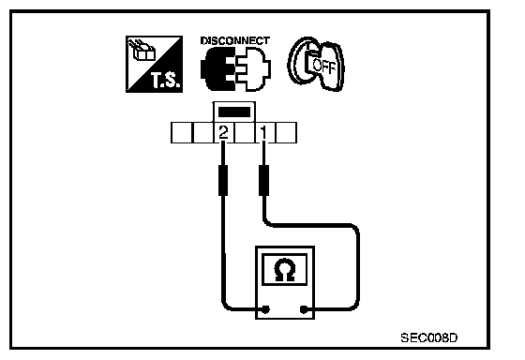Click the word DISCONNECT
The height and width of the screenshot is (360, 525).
click(235, 40)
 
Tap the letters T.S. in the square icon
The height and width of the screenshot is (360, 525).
click(166, 81)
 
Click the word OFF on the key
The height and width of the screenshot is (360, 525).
click(323, 66)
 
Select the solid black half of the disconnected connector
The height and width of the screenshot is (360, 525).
click(217, 68)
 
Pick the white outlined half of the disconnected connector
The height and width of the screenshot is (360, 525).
click(253, 69)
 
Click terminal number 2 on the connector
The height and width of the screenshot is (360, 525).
click(223, 132)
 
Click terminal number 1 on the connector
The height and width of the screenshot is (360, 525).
click(264, 132)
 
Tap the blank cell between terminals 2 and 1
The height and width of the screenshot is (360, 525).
click(245, 132)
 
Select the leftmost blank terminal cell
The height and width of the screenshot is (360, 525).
click(182, 132)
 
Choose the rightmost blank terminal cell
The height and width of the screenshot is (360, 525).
click(286, 132)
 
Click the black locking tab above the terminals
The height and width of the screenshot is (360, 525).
click(234, 112)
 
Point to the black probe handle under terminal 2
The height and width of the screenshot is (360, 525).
click(223, 180)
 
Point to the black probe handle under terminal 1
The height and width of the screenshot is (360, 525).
click(264, 180)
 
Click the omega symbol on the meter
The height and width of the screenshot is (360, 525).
click(285, 269)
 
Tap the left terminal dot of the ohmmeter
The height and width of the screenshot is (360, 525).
click(266, 309)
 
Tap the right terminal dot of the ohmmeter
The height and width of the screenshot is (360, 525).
click(304, 309)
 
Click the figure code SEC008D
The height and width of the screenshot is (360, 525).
click(429, 337)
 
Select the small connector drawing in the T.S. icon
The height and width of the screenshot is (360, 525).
click(142, 51)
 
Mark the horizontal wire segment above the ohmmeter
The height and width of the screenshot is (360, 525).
click(311, 225)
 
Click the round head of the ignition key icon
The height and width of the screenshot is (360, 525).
click(301, 62)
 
